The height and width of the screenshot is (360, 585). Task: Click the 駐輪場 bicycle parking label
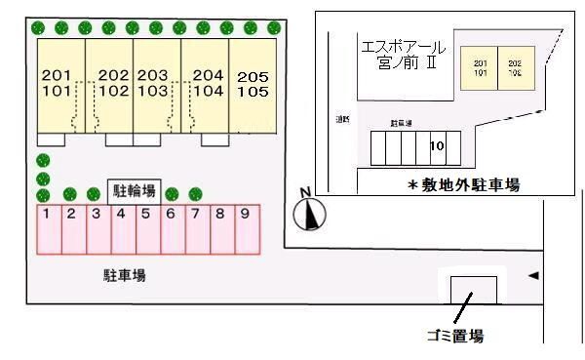(133, 191)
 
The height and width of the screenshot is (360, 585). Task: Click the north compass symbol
(309, 212)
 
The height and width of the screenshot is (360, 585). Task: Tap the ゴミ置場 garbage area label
(455, 337)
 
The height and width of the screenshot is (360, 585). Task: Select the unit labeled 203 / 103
(153, 85)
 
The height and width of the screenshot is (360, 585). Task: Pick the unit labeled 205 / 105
(253, 85)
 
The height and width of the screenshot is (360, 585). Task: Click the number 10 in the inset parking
(437, 146)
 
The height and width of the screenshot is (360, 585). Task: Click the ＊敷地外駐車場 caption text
(462, 182)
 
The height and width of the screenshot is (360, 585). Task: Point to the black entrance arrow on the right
(532, 276)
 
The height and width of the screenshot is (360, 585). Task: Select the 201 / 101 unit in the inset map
(479, 68)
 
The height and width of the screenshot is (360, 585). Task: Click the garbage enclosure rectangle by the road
(473, 290)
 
